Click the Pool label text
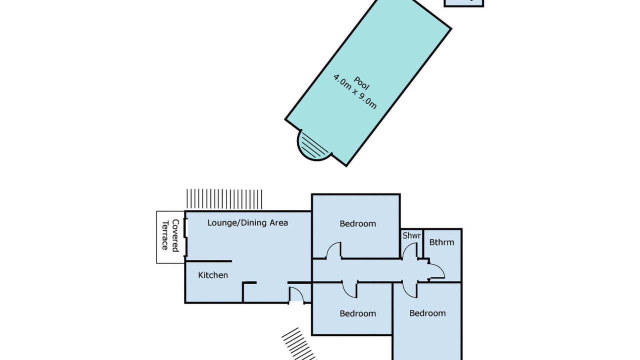[361, 83]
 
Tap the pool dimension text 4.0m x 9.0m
[355, 91]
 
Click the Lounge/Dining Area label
[247, 223]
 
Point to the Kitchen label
[213, 275]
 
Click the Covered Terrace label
[170, 235]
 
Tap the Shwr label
[411, 235]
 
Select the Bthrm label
[441, 242]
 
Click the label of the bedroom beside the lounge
[357, 223]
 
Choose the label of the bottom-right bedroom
[427, 313]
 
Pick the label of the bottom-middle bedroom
[357, 313]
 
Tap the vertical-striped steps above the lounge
[224, 199]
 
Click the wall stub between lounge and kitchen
[208, 261]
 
